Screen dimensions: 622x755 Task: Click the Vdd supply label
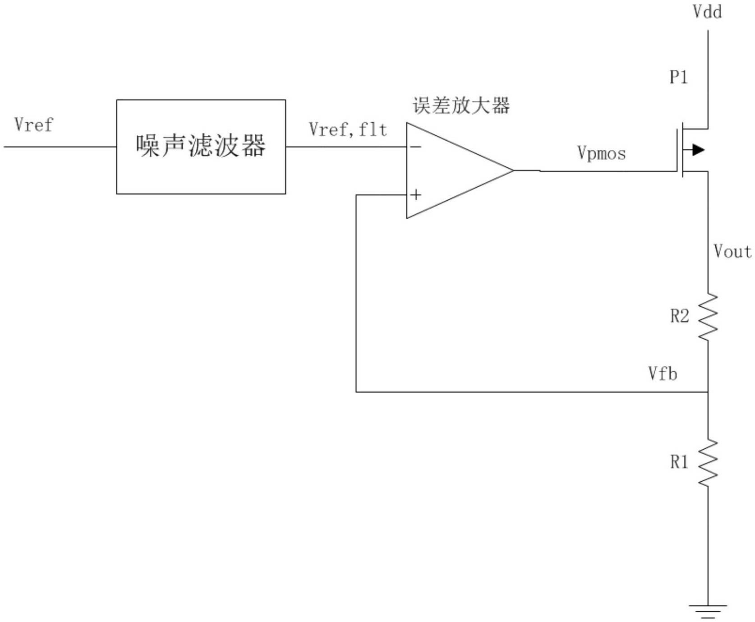tap(707, 12)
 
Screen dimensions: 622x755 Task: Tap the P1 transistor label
tap(678, 77)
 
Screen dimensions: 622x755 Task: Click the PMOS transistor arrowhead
tap(698, 150)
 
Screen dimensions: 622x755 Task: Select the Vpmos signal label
tap(601, 153)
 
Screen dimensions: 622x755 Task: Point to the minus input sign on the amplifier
tap(416, 147)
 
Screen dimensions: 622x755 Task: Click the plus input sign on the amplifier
tap(416, 195)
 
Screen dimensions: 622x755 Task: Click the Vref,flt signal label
tap(348, 130)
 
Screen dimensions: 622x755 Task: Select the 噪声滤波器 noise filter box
tap(201, 147)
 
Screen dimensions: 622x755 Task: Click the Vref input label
tap(33, 125)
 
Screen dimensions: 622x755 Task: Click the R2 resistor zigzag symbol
tap(708, 316)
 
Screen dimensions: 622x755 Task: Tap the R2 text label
tap(679, 316)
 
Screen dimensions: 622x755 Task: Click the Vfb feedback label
tap(663, 373)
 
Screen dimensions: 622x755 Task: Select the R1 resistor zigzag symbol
tap(708, 463)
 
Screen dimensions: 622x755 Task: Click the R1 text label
tap(679, 462)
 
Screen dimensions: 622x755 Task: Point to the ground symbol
tap(708, 610)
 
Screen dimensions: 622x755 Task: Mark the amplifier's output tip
tap(514, 170)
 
